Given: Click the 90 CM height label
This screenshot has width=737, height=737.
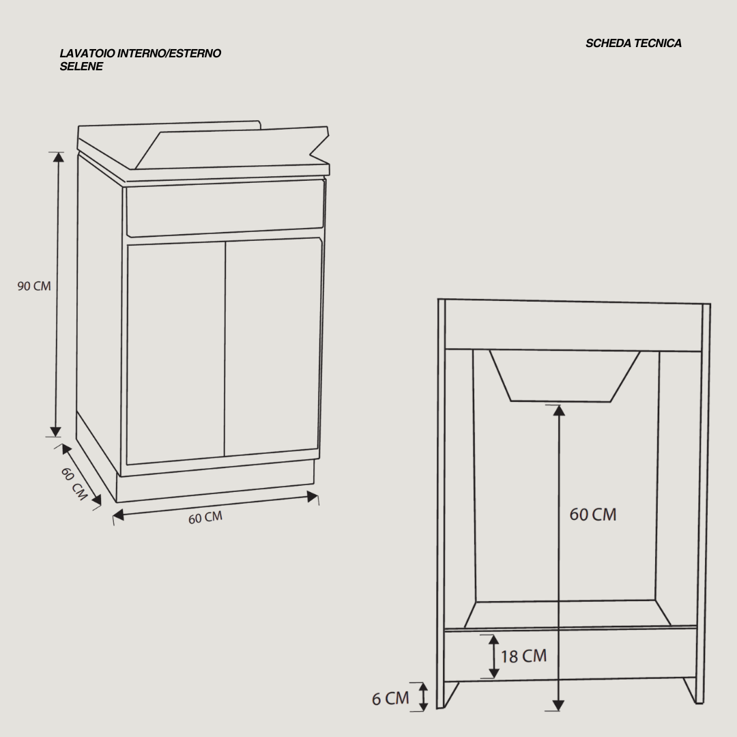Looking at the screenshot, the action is [x=34, y=286].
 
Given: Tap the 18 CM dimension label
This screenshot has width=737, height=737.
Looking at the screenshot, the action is [x=523, y=656].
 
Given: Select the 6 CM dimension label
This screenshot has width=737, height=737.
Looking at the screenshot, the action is [x=390, y=699].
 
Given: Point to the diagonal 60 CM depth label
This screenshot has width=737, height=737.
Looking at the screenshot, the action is [x=74, y=484].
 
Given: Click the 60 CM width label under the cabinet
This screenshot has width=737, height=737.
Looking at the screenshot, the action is [x=205, y=517].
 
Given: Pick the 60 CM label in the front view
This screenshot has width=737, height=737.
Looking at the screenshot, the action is [x=593, y=515].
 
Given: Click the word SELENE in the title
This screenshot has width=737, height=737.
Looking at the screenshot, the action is [x=81, y=66].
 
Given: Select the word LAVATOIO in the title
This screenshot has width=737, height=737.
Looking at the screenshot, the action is [x=87, y=53].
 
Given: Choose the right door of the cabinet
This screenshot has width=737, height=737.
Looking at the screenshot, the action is [x=273, y=347].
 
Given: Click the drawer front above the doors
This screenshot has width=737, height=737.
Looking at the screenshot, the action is [x=225, y=207].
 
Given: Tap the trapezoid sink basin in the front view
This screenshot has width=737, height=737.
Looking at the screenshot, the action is [x=564, y=375].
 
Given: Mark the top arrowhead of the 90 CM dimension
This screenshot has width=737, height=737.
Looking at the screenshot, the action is [x=58, y=156].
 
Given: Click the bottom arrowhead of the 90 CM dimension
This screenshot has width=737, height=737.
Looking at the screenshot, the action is [x=55, y=431].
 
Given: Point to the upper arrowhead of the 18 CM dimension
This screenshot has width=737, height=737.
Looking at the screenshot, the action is [x=493, y=639].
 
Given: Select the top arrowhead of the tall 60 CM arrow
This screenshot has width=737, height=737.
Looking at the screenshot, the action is [x=559, y=410].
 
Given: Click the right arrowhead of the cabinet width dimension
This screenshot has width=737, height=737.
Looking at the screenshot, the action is [x=312, y=496].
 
